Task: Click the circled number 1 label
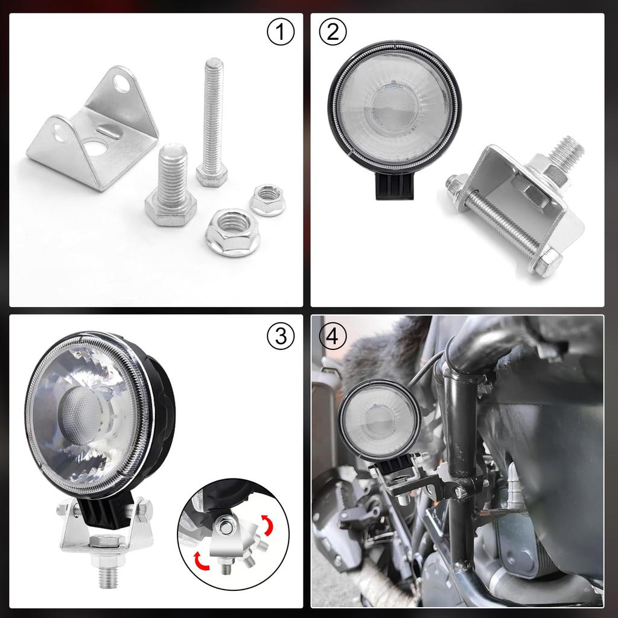point(280,33)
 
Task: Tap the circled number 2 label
point(333,33)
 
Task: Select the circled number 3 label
point(281,336)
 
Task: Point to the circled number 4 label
point(333,336)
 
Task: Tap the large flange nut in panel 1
point(232,232)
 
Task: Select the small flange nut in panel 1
point(267,200)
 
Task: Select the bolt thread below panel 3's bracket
point(109,576)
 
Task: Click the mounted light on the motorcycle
point(379,419)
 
